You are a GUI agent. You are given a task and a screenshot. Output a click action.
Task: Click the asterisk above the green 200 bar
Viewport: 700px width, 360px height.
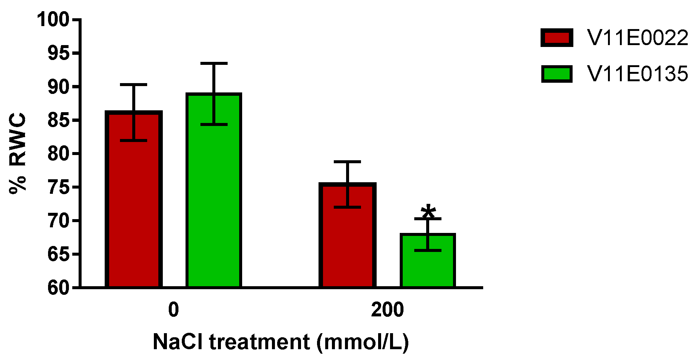(x=428, y=211)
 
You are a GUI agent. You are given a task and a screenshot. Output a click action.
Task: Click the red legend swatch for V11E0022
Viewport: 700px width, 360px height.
(x=557, y=38)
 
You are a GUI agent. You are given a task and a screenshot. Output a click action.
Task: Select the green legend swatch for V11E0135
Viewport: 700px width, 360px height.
(x=557, y=74)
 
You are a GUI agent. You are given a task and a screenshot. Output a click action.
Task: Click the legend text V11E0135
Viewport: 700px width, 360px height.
(x=637, y=74)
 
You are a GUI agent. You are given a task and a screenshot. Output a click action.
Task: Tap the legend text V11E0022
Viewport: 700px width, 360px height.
(x=637, y=38)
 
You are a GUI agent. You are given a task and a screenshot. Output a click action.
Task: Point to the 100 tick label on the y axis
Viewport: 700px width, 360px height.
(x=53, y=19)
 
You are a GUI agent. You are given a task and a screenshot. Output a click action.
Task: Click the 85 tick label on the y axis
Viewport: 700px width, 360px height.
(x=58, y=120)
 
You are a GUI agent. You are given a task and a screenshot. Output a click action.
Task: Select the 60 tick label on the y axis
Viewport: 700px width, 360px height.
(x=58, y=288)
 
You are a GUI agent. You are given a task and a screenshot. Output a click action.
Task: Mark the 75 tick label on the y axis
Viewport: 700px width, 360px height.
(x=58, y=187)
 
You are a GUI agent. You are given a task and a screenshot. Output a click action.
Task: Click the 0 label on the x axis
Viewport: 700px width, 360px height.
(x=173, y=310)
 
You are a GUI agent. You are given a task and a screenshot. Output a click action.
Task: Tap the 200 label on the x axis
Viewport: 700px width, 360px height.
(x=387, y=310)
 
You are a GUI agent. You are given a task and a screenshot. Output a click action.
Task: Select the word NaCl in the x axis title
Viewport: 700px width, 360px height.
(x=178, y=342)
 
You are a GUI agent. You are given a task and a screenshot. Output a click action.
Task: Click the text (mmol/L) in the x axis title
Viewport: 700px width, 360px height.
(x=362, y=342)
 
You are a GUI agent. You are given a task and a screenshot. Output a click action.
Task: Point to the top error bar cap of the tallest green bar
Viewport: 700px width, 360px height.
(x=214, y=64)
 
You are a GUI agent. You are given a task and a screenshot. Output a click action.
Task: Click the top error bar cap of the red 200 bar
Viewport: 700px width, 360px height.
(x=347, y=162)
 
